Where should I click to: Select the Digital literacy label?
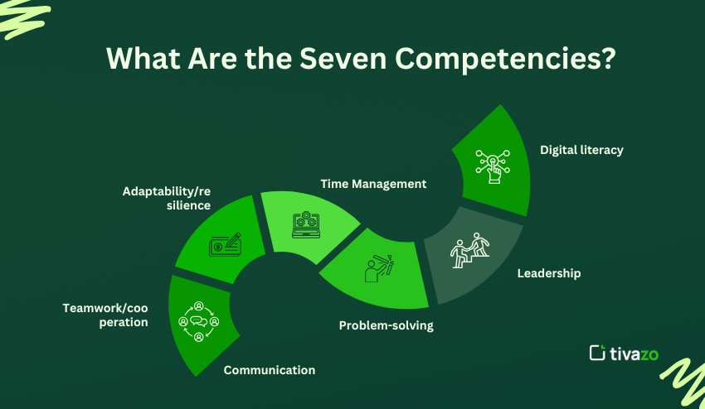click(581, 151)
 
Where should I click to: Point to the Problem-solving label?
click(386, 325)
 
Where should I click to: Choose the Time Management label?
click(373, 184)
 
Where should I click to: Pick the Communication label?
click(270, 370)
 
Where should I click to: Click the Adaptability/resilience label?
click(166, 197)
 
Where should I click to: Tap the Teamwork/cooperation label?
click(105, 315)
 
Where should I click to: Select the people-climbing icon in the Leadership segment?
click(469, 253)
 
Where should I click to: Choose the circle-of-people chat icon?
click(199, 320)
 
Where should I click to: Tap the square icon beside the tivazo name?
click(597, 353)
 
